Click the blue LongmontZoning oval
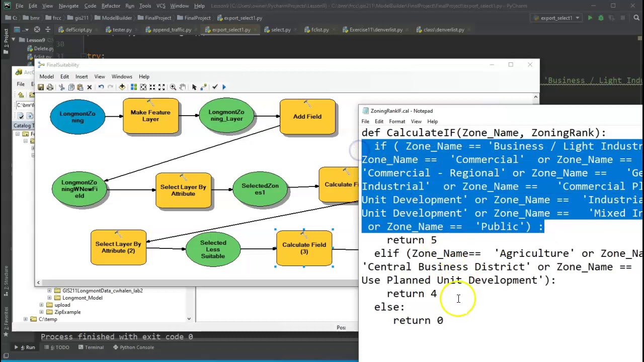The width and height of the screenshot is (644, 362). [77, 117]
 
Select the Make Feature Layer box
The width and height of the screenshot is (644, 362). [150, 116]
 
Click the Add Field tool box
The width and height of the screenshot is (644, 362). [307, 117]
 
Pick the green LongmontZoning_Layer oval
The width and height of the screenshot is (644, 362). [226, 116]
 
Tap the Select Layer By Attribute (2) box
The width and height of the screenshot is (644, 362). [118, 247]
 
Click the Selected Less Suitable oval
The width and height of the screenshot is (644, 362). [213, 249]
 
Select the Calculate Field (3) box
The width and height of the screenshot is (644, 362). [304, 248]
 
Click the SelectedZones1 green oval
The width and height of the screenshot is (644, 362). [260, 189]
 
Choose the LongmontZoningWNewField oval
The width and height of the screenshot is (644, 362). [79, 189]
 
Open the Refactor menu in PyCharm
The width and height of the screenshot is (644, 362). [111, 6]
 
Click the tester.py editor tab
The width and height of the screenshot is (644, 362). [122, 30]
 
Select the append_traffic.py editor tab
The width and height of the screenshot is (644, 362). [172, 30]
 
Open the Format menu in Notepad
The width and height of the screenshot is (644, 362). [396, 121]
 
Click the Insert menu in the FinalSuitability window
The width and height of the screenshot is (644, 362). [82, 76]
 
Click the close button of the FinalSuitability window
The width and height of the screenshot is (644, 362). [530, 65]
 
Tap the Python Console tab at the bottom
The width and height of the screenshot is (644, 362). [136, 347]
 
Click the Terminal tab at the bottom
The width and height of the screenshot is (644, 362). [94, 347]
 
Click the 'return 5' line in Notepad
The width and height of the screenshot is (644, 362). [412, 240]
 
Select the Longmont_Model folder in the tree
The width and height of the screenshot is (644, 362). [82, 298]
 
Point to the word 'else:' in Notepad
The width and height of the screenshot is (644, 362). [389, 307]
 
